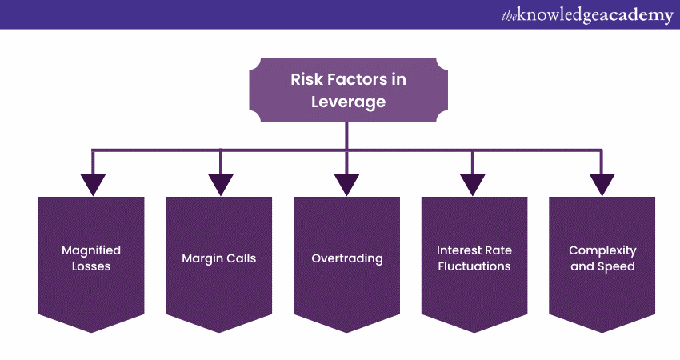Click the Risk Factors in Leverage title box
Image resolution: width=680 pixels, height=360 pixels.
[346, 90]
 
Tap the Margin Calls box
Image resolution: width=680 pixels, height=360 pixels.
[218, 258]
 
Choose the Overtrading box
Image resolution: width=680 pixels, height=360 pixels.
[346, 258]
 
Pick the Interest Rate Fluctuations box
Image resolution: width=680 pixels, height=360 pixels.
[474, 258]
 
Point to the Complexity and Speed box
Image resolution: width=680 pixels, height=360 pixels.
[602, 258]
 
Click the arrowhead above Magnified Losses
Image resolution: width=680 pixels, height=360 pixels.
[93, 184]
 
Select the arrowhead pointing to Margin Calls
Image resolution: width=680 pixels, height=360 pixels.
[220, 184]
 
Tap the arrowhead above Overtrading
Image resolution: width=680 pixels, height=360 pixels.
[346, 184]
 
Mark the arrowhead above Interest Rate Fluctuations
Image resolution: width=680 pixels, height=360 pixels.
[474, 184]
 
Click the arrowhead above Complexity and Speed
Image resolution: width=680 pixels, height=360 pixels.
[601, 184]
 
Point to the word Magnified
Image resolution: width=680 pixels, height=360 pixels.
[91, 250]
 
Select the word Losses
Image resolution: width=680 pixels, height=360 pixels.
[91, 266]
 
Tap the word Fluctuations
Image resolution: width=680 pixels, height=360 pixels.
[474, 266]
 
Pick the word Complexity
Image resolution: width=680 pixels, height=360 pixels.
[602, 250]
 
